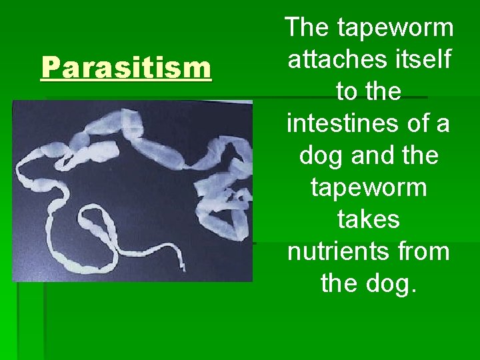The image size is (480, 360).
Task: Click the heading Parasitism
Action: pos(126,67)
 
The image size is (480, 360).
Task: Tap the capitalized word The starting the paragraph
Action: pos(308,28)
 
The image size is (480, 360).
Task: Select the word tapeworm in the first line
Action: pos(395,28)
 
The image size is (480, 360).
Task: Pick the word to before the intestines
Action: pos(347,92)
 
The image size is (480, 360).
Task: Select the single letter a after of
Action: pos(442,124)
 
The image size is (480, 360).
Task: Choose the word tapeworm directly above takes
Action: pos(369,188)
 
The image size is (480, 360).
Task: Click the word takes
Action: pos(369,220)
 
